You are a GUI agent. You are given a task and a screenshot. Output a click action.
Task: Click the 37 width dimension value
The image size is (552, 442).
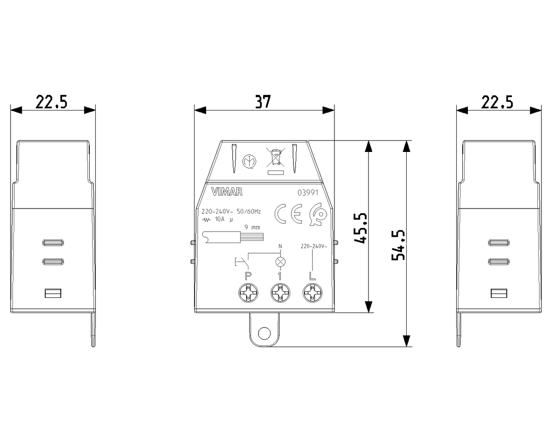(263, 102)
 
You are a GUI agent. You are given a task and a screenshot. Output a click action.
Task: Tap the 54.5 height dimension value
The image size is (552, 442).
(398, 244)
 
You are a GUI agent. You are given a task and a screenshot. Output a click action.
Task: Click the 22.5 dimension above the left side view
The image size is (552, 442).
(52, 102)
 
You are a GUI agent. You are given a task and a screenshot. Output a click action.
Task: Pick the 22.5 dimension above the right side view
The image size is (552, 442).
(497, 102)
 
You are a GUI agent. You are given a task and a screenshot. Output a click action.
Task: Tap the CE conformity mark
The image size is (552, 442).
(287, 213)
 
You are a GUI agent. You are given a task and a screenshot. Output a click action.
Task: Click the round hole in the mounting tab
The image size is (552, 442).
(264, 332)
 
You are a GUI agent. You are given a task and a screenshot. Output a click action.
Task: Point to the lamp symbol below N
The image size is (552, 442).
(280, 262)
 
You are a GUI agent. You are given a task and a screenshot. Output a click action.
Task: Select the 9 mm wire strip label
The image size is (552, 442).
(252, 227)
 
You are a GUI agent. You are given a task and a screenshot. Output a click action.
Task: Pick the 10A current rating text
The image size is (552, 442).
(220, 219)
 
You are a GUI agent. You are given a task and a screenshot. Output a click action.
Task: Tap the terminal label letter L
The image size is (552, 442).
(312, 276)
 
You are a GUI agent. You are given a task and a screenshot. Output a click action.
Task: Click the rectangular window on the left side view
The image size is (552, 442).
(53, 293)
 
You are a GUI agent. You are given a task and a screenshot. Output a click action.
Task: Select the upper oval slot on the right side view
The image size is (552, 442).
(499, 243)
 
